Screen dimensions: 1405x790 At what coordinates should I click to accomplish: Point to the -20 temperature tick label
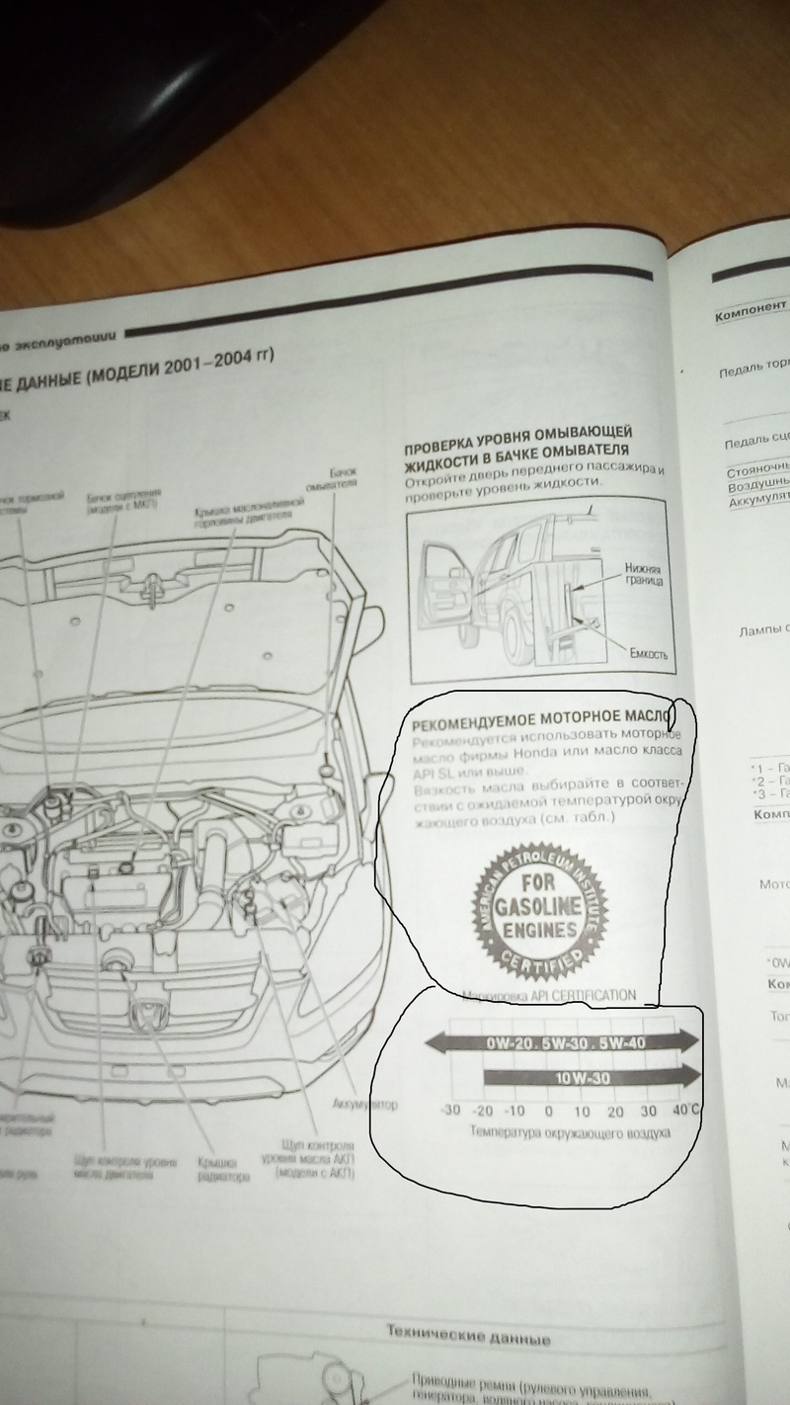point(483,1111)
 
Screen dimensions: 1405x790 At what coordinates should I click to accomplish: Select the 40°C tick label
point(686,1110)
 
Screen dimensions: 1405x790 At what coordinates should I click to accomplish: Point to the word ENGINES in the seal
point(537,930)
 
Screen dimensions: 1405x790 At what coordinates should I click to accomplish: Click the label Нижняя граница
point(642,577)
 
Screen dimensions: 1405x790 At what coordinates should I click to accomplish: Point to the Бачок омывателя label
point(343,479)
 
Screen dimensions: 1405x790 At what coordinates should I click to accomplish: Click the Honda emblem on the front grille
point(150,1013)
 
